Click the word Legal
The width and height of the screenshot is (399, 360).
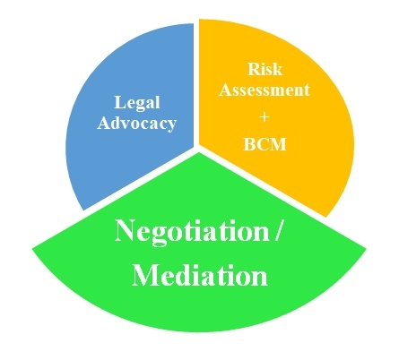point(137,104)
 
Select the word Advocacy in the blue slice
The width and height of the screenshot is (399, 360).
point(136,124)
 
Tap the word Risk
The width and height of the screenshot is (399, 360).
point(265,69)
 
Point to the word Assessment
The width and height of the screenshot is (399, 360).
point(265,90)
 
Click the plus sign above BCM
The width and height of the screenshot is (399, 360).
point(265,117)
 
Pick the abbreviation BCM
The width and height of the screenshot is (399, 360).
point(265,144)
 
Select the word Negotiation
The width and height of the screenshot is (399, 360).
point(192,233)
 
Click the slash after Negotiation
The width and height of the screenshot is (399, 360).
point(277,230)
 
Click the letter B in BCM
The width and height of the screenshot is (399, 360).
point(249,144)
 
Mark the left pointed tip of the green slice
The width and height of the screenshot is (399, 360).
point(32,247)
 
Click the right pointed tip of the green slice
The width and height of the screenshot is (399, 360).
point(366,248)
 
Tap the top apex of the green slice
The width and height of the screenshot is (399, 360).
point(199,153)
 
